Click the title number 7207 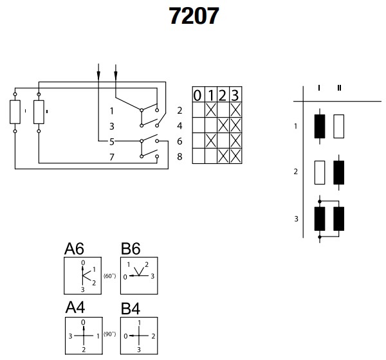pos(194,16)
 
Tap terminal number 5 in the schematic pos(111,140)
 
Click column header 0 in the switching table pos(199,95)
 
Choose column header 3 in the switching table pos(235,95)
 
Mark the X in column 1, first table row pos(211,110)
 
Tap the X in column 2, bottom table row pos(223,155)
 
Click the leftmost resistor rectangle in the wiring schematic pos(15,111)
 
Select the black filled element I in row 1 pos(320,126)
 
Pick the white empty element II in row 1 pos(340,126)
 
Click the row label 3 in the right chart pos(295,219)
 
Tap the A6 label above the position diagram pos(74,249)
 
